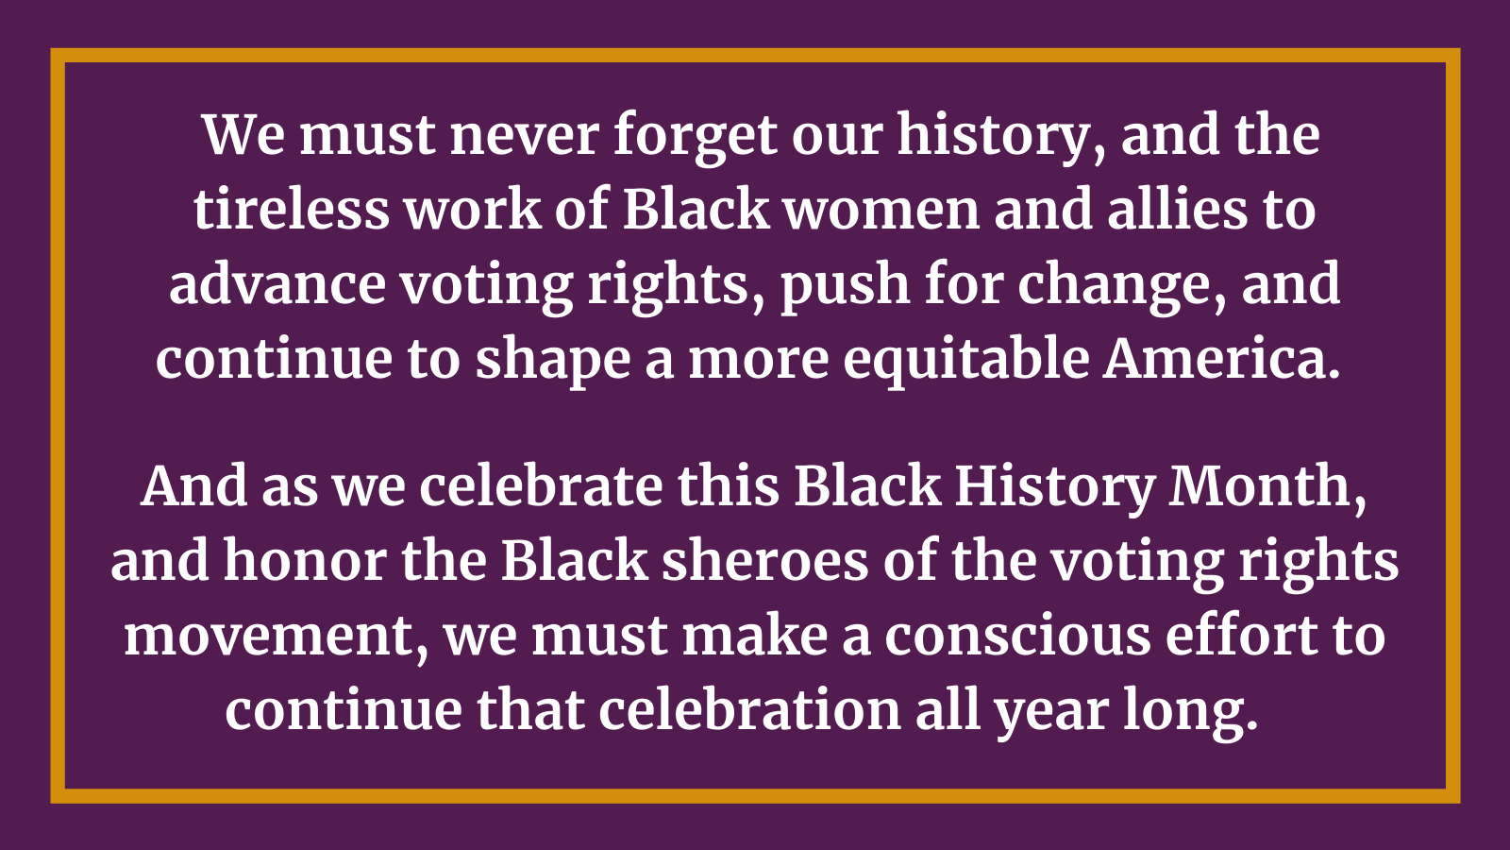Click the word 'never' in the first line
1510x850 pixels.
[x=524, y=135]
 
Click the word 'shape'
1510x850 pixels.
[x=552, y=360]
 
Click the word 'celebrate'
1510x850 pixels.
[x=541, y=487]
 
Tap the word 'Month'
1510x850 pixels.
[x=1264, y=487]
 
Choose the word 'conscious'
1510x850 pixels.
[x=1017, y=637]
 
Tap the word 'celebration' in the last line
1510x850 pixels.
[x=750, y=710]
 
